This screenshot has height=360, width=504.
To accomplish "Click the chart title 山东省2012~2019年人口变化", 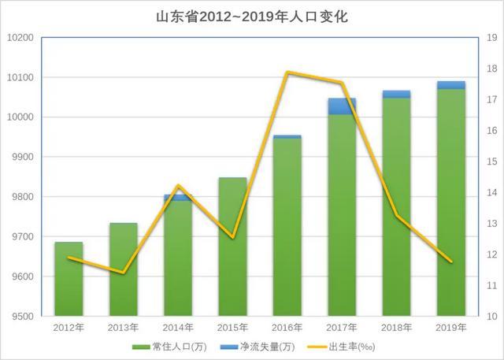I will pyautogui.click(x=253, y=17).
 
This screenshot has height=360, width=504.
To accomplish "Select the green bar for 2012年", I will pyautogui.click(x=69, y=280).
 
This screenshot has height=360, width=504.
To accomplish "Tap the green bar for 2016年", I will pyautogui.click(x=287, y=228).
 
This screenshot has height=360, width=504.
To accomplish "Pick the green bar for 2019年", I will pyautogui.click(x=451, y=205).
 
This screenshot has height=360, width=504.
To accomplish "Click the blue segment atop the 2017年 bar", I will pyautogui.click(x=342, y=106).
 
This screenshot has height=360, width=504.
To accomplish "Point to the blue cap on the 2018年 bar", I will pyautogui.click(x=397, y=94).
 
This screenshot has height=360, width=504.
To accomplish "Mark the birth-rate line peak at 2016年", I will pyautogui.click(x=287, y=72).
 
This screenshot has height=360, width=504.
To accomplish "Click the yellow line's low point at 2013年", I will pyautogui.click(x=123, y=273).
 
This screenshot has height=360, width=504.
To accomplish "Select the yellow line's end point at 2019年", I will pyautogui.click(x=451, y=262).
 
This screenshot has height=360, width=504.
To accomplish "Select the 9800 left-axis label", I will pyautogui.click(x=22, y=197).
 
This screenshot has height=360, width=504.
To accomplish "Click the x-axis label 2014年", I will pyautogui.click(x=178, y=326).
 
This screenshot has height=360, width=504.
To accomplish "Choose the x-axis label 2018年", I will pyautogui.click(x=397, y=326).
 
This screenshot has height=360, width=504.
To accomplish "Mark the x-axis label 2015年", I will pyautogui.click(x=232, y=326).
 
